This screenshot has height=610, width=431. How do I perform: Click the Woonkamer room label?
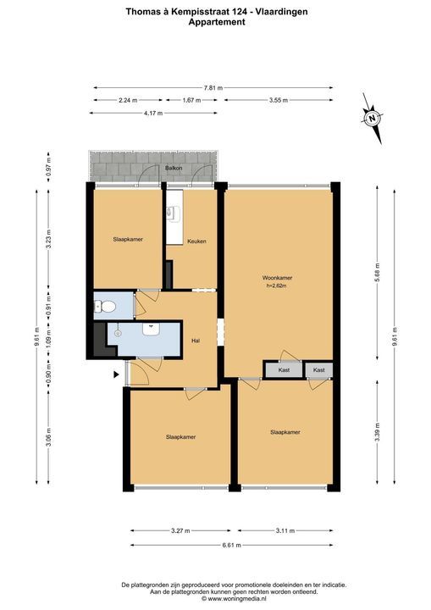(278, 278)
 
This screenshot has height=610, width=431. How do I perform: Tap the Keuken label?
(196, 241)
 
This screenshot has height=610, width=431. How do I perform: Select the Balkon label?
(174, 168)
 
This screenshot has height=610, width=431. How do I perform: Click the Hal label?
(196, 341)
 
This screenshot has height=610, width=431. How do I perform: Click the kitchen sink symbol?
(173, 212)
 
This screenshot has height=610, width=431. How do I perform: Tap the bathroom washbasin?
(151, 330)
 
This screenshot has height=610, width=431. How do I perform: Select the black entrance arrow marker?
(116, 374)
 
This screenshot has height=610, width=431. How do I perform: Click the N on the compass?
(373, 119)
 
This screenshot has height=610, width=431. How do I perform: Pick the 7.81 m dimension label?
(213, 88)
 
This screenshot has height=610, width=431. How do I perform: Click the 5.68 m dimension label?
(378, 273)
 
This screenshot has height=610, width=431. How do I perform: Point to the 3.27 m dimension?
(180, 530)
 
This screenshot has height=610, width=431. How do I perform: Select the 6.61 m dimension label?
(231, 545)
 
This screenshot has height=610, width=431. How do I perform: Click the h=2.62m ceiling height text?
(278, 286)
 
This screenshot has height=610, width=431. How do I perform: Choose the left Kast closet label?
(284, 370)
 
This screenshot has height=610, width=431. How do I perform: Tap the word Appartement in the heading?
(217, 22)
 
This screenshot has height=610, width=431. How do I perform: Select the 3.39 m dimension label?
(378, 433)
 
